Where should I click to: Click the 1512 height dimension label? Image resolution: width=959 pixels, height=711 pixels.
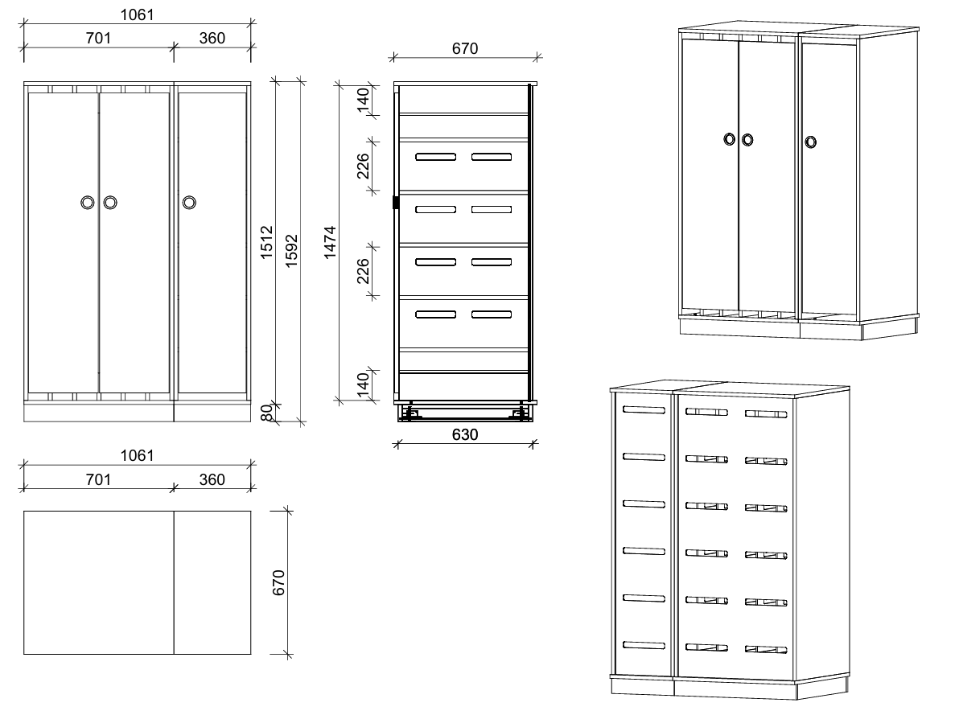tap(266, 242)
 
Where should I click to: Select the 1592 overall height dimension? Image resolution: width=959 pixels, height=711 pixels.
tap(292, 251)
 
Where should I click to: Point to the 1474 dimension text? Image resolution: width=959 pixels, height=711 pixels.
tap(331, 242)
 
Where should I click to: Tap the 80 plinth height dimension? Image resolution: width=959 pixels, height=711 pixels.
tap(266, 413)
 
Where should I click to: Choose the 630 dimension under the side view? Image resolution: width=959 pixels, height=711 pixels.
tap(465, 434)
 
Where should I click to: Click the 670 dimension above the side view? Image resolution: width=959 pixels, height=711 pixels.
tap(465, 48)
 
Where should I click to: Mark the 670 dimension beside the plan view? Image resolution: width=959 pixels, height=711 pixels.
tap(279, 582)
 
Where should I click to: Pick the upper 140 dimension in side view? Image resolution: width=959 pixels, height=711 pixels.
tap(364, 101)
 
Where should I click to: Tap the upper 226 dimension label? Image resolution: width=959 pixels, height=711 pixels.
tap(364, 166)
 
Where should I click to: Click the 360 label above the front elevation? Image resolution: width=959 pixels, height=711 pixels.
tap(212, 38)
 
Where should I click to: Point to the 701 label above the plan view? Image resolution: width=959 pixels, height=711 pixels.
tap(98, 479)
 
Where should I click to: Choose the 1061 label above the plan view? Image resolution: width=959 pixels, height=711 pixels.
tap(137, 455)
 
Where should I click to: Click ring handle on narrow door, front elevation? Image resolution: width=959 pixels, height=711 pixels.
tap(190, 203)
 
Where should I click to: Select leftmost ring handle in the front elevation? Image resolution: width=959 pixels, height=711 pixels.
tap(88, 203)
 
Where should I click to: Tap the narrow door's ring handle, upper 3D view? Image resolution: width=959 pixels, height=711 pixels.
tap(810, 142)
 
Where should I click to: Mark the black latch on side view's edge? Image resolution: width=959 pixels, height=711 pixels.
tap(396, 203)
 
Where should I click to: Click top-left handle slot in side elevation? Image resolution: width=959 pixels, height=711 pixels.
tap(435, 157)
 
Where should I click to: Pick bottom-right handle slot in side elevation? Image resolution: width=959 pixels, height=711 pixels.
tap(492, 314)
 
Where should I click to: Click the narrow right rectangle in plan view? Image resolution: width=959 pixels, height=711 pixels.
tap(212, 582)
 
